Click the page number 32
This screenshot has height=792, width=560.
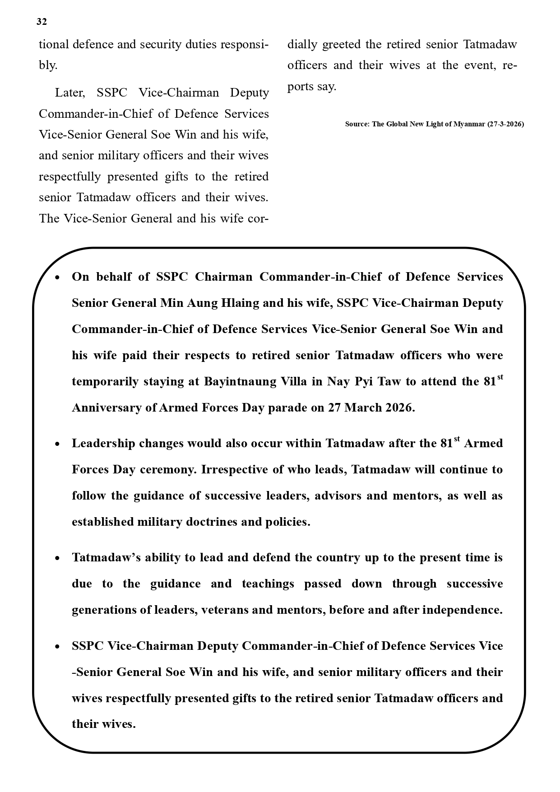point(42,22)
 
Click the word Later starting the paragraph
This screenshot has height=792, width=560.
point(69,93)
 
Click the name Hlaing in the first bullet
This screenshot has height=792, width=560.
point(240,303)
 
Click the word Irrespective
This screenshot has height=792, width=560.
point(234,470)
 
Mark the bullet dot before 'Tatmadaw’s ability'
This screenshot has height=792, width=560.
point(57,559)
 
